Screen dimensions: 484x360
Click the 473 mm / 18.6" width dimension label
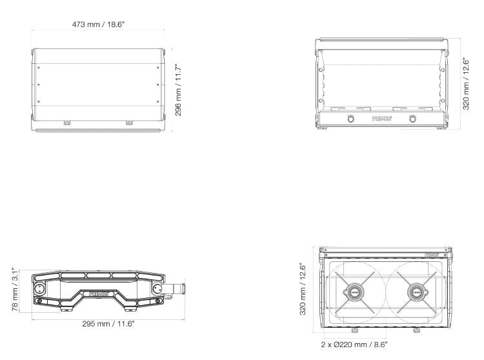(98, 25)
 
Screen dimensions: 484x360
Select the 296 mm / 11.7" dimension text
(178, 90)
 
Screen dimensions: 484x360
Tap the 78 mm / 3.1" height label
(15, 290)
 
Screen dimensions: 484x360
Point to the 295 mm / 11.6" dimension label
(108, 324)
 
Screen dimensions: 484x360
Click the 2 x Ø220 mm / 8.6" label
(354, 345)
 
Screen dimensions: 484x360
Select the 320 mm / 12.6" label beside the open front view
(466, 84)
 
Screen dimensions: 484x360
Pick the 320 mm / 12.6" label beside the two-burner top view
(303, 289)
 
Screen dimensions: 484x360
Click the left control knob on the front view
(350, 119)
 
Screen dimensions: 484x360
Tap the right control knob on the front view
(412, 119)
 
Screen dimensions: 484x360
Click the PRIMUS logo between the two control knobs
(381, 119)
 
